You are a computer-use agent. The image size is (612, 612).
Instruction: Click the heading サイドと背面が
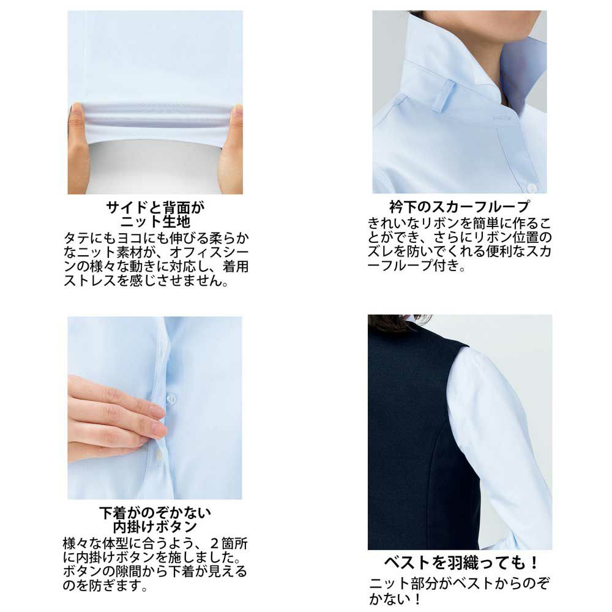tap(155, 207)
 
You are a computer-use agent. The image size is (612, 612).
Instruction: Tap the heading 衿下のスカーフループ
tap(459, 206)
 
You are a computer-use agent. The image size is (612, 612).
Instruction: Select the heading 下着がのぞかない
tap(155, 512)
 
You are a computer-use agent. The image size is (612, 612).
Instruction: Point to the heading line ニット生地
tap(155, 220)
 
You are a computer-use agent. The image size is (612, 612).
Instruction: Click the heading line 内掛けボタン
tap(155, 526)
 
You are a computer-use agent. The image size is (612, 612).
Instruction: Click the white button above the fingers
tap(171, 398)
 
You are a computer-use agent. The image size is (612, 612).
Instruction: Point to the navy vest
tap(410, 441)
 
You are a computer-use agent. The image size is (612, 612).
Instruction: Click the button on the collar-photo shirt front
tap(532, 187)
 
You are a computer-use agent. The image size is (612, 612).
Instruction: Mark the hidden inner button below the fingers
tap(159, 453)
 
